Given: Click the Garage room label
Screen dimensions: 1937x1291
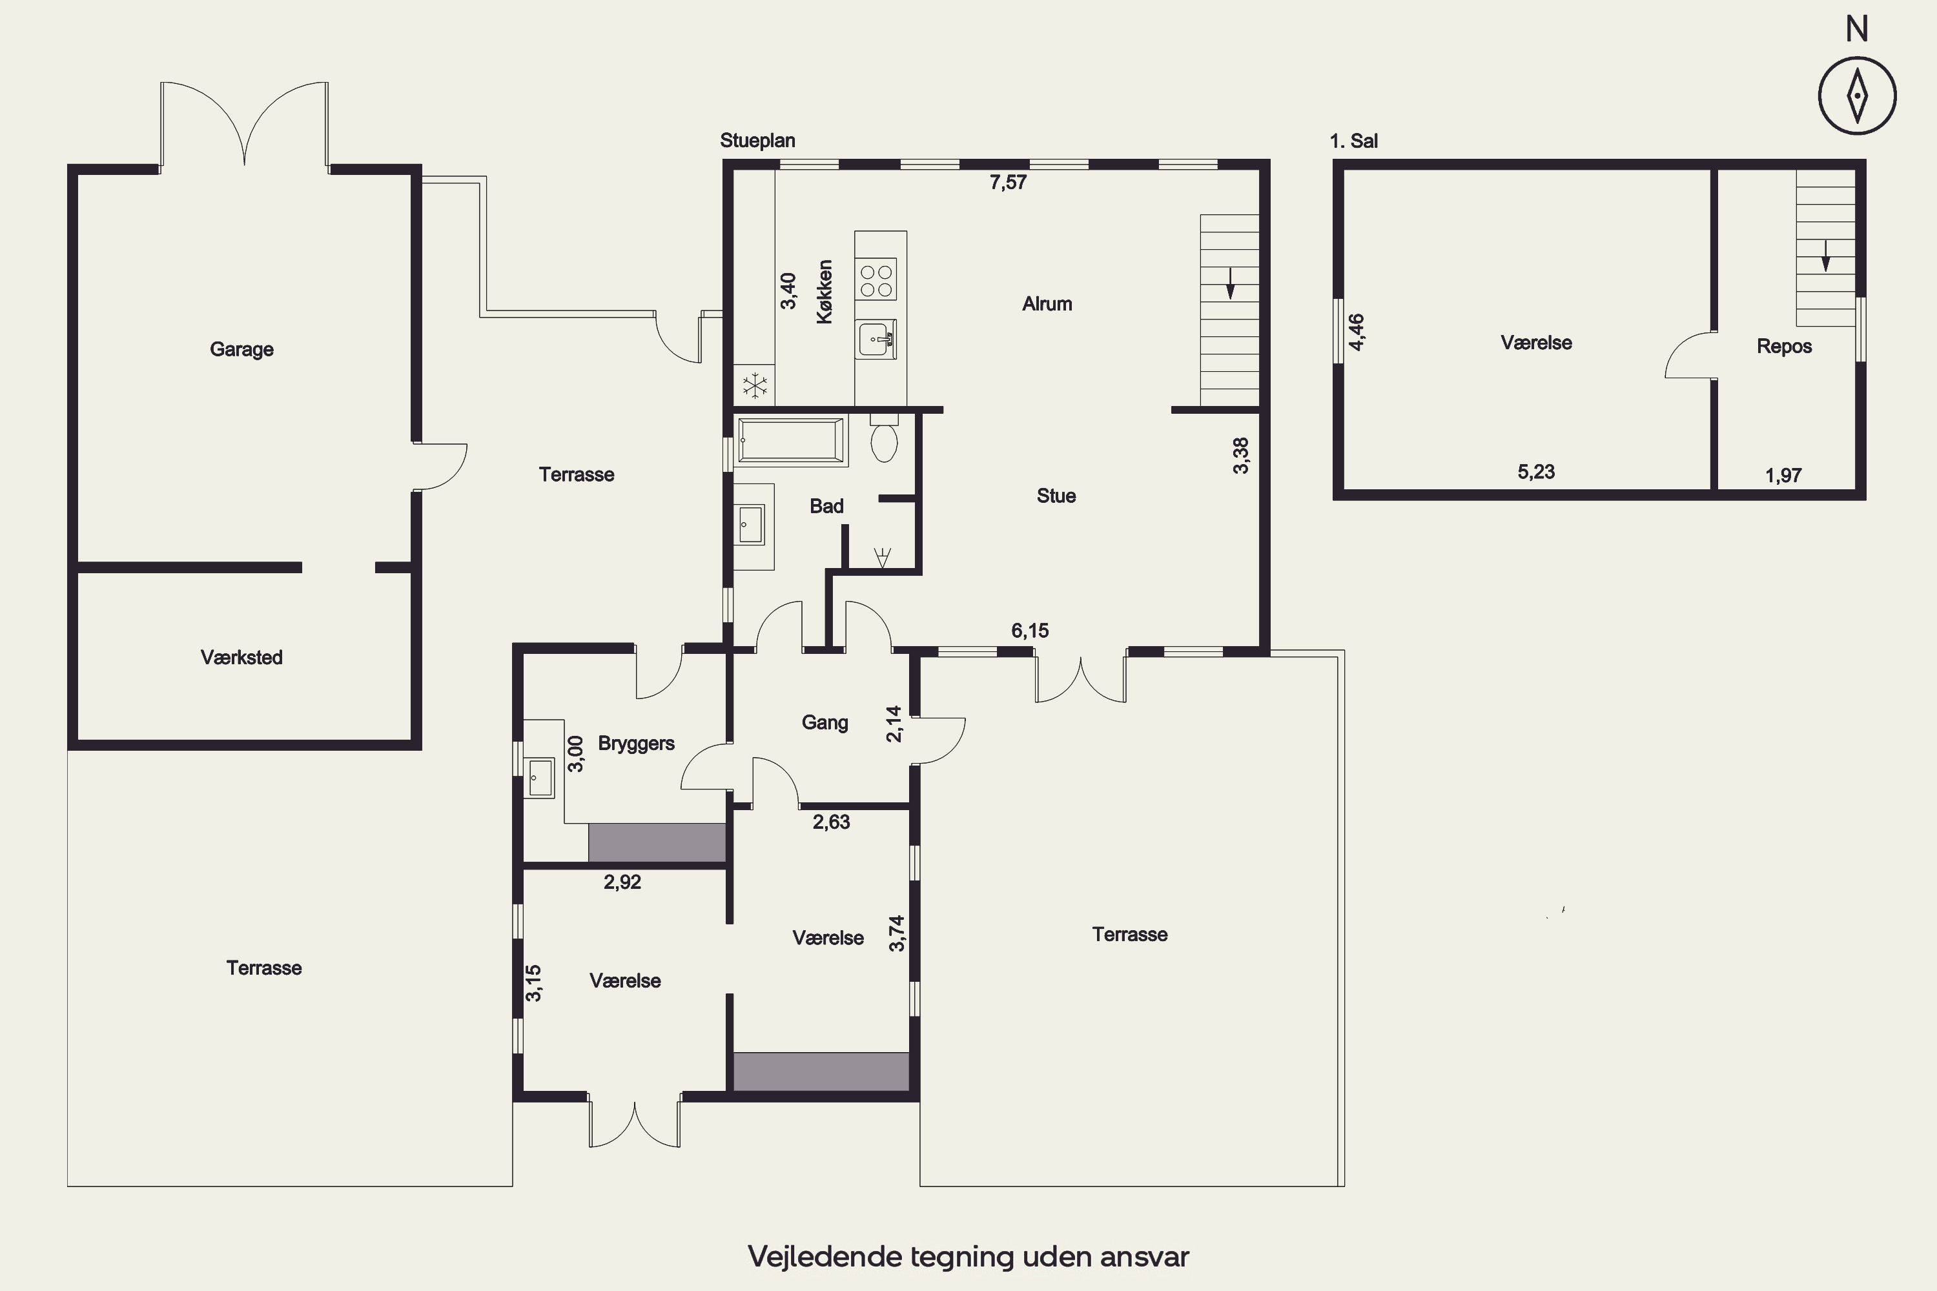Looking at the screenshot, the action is pyautogui.click(x=241, y=349).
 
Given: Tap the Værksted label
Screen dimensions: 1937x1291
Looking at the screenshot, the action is pyautogui.click(x=241, y=657).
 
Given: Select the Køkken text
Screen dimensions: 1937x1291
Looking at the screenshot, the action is pyautogui.click(x=825, y=292).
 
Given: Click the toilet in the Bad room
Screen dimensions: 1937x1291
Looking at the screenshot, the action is pyautogui.click(x=885, y=440).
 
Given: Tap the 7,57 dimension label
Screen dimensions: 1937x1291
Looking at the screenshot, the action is pyautogui.click(x=1008, y=182).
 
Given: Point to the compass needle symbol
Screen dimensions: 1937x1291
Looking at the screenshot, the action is pyautogui.click(x=1857, y=96).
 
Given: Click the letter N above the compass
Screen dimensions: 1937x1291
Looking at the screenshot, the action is pyautogui.click(x=1856, y=30).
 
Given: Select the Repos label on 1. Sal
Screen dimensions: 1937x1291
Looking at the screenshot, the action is pyautogui.click(x=1784, y=346).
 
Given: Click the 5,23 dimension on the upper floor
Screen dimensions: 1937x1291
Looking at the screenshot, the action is pyautogui.click(x=1536, y=472).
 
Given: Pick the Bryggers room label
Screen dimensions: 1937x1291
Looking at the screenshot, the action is pyautogui.click(x=636, y=744).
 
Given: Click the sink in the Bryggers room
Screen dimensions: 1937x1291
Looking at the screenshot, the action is pyautogui.click(x=540, y=777).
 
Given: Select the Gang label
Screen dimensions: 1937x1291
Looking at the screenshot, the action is pyautogui.click(x=825, y=722).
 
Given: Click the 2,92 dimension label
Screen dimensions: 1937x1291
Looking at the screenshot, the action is pyautogui.click(x=622, y=882).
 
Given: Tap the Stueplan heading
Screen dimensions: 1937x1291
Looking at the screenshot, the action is pyautogui.click(x=757, y=141).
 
